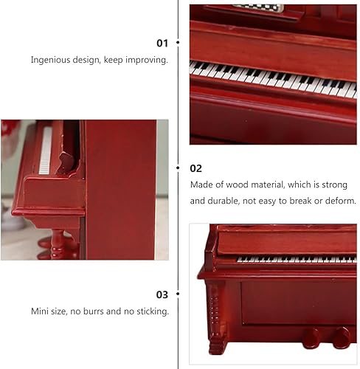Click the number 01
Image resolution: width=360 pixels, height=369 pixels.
pyautogui.click(x=162, y=43)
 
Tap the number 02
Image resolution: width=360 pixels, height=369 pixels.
pyautogui.click(x=196, y=168)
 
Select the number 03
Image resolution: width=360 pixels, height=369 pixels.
pyautogui.click(x=162, y=294)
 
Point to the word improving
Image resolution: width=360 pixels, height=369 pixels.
pyautogui.click(x=147, y=60)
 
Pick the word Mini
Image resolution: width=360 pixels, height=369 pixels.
pyautogui.click(x=41, y=311)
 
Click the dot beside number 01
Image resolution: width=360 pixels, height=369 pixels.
pyautogui.click(x=179, y=43)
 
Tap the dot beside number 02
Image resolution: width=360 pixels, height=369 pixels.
pyautogui.click(x=179, y=168)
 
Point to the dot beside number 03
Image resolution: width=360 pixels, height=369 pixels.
pyautogui.click(x=179, y=294)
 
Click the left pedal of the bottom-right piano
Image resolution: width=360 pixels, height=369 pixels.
pyautogui.click(x=312, y=338)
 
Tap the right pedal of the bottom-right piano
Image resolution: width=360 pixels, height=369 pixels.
pyautogui.click(x=340, y=338)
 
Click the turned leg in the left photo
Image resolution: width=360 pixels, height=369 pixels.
pyautogui.click(x=59, y=244)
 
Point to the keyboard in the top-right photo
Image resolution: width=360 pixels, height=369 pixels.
pyautogui.click(x=273, y=78)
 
